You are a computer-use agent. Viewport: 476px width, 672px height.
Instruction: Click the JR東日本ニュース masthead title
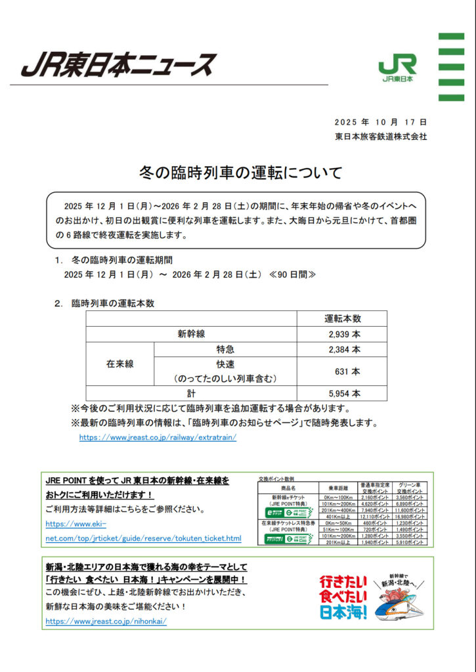118,65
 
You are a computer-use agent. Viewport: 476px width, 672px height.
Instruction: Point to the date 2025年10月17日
380,122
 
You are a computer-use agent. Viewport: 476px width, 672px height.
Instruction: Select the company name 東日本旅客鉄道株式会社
380,136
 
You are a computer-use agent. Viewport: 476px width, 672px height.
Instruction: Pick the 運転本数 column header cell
342,318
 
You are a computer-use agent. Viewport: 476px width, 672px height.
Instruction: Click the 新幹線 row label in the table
191,334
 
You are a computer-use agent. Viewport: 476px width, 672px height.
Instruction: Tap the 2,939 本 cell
342,334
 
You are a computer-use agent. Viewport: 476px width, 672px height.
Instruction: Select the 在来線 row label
120,363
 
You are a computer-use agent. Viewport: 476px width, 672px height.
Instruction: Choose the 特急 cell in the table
225,349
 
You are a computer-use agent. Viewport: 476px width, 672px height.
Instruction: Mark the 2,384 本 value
342,349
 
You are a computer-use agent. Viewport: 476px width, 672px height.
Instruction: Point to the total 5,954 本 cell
342,394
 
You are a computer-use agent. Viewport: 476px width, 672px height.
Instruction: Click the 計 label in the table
191,394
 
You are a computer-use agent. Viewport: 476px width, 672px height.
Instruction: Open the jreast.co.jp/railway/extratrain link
158,437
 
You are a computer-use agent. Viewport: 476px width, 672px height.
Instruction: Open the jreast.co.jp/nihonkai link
106,621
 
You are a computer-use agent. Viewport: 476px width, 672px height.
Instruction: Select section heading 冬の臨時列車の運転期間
121,261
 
